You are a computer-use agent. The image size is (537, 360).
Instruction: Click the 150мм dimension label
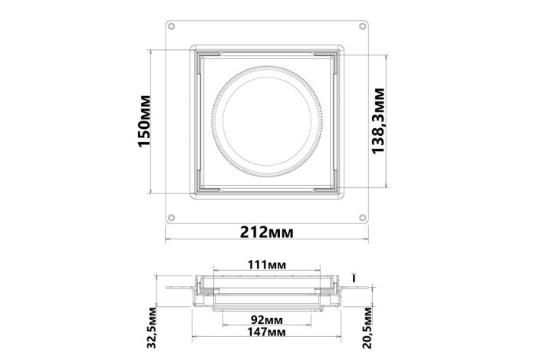click(144, 121)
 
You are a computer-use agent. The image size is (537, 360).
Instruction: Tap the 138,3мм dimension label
click(378, 121)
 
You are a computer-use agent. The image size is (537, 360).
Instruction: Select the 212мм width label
click(266, 233)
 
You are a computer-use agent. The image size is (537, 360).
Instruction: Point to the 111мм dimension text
click(267, 264)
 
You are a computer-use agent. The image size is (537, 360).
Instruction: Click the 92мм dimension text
click(267, 320)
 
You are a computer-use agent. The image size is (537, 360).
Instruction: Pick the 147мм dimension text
click(267, 332)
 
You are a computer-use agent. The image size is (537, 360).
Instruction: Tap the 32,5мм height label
click(152, 328)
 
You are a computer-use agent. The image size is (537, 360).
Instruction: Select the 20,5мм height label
click(367, 328)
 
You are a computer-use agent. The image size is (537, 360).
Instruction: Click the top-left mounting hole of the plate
click(172, 26)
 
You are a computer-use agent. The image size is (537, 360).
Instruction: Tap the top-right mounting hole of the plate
click(362, 26)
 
